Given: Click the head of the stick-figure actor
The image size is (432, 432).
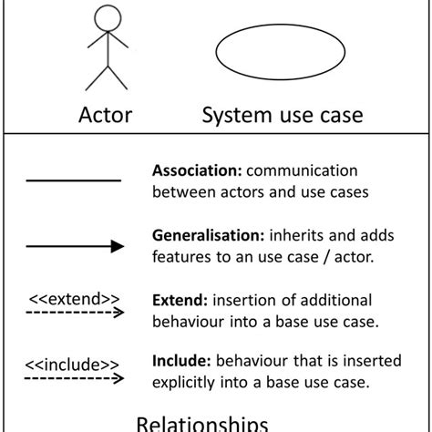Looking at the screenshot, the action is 108,18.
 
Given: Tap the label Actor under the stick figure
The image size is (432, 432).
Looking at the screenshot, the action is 106,115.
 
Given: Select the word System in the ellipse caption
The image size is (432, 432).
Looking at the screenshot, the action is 237,116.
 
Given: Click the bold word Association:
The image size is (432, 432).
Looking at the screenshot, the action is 197,170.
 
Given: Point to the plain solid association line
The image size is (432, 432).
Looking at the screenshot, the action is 74,180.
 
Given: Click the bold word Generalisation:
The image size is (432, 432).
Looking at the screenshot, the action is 209,235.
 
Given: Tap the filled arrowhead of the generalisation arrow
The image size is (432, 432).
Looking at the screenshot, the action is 118,246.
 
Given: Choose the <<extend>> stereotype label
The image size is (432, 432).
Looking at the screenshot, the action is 74,299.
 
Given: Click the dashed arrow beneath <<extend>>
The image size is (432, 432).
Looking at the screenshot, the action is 75,313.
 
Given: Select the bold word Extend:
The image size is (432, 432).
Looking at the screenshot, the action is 180,300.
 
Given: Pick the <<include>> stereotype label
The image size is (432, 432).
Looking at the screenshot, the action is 72,365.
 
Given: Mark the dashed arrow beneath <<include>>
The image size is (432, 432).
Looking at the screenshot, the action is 74,378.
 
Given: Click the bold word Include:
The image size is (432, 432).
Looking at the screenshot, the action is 181,361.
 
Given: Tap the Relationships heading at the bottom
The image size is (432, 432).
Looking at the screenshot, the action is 202,424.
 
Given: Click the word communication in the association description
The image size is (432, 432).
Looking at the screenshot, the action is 302,170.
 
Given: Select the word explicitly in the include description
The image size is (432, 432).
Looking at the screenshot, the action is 183,383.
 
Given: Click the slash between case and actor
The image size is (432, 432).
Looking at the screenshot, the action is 326,257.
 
